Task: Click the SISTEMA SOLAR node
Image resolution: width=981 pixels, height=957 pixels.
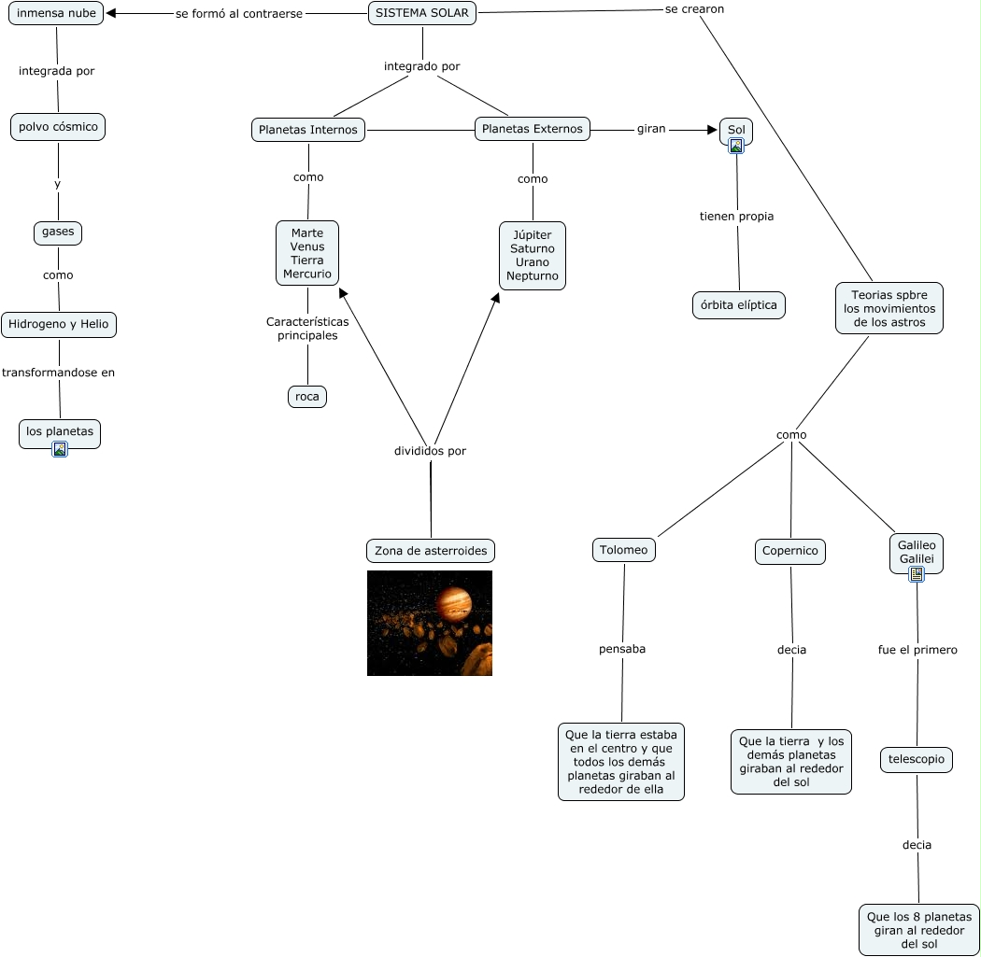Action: pos(422,13)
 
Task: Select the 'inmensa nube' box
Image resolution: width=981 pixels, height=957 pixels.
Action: pos(56,14)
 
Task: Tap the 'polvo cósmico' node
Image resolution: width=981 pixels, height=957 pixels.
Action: pos(58,127)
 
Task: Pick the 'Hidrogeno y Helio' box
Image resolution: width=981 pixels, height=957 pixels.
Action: pos(59,325)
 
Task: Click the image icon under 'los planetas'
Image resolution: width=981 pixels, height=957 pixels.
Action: pos(60,449)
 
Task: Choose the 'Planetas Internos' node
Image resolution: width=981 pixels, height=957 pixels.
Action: pos(308,130)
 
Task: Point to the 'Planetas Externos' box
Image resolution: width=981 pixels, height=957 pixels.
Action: pos(533,129)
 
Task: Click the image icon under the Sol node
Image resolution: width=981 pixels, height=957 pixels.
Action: pos(736,145)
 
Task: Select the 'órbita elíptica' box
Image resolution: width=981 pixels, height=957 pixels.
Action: pos(738,305)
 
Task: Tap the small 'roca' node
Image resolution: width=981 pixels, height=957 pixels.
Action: pos(307,397)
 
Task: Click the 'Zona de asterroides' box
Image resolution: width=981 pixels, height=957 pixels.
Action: pos(431,551)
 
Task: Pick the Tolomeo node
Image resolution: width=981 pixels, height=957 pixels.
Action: pos(623,550)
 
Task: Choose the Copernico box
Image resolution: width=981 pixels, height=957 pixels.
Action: pos(790,551)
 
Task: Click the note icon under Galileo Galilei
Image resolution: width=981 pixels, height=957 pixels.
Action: pos(917,574)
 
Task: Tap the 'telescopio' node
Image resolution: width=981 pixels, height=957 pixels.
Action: pos(917,760)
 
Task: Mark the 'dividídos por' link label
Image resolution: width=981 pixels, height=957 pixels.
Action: pos(430,451)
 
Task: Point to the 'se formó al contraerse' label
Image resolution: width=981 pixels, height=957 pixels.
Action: pos(239,14)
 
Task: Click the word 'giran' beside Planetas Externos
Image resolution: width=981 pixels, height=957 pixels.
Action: pos(651,129)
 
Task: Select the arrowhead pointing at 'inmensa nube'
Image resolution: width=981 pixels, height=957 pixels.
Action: pos(111,13)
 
